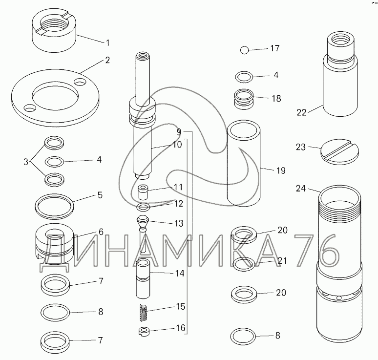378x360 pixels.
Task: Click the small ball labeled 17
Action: (x=245, y=50)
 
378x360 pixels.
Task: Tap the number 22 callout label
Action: (x=301, y=112)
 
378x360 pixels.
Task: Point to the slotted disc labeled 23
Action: (x=339, y=152)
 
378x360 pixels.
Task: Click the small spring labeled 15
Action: (x=144, y=313)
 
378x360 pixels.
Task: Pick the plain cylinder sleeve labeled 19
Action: (x=244, y=164)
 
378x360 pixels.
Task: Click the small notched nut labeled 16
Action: (x=144, y=331)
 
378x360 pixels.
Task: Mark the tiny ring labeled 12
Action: (x=143, y=207)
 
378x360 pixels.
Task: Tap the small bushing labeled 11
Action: (x=143, y=192)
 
